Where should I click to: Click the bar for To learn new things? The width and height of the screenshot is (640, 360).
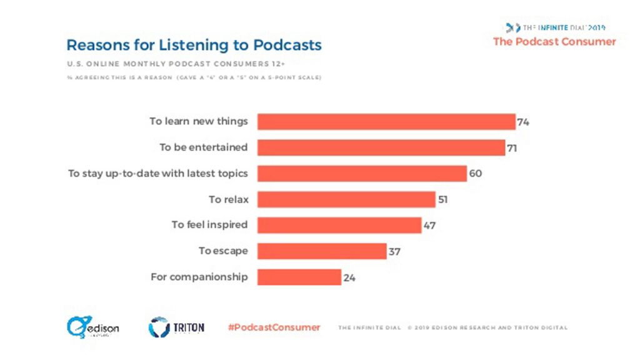386,121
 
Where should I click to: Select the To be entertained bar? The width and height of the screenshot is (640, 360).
381,147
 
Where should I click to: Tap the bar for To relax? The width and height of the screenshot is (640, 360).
346,199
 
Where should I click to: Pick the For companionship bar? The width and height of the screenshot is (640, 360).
299,277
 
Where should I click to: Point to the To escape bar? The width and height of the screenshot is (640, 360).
322,251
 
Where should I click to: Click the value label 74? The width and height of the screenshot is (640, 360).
523,122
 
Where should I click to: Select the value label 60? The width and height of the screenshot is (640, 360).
475,173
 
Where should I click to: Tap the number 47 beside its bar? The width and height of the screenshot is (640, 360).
429,225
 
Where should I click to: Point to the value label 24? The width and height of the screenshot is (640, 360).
349,277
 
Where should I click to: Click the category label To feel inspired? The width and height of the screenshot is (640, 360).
210,224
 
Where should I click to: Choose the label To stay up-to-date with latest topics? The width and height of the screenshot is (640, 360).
158,173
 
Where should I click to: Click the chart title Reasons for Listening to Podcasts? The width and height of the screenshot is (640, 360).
194,45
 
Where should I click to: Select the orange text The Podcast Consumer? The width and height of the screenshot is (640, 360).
554,42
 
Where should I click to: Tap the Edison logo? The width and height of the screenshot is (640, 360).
93,327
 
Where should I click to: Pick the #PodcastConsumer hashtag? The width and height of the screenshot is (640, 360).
274,327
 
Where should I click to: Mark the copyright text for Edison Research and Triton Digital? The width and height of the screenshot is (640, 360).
487,327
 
